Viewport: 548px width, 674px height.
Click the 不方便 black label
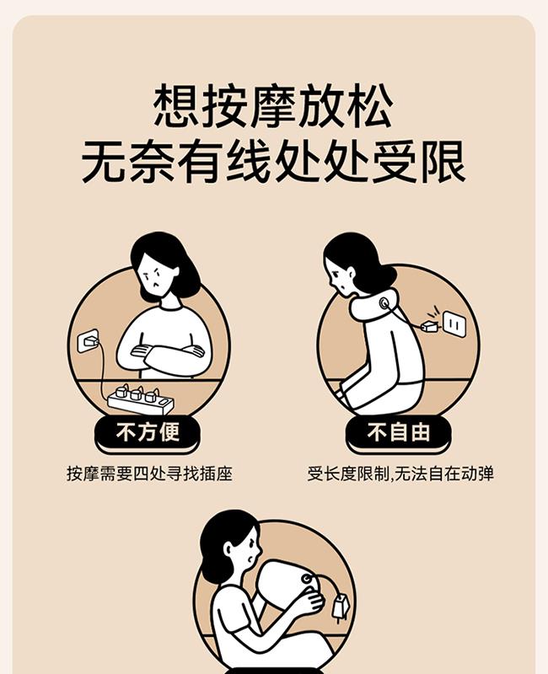[147, 432]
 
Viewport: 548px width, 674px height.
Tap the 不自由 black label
[398, 432]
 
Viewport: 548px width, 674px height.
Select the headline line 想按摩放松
[273, 106]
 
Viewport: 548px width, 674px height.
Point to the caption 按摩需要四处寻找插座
[150, 473]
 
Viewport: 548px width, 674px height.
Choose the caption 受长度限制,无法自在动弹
[400, 473]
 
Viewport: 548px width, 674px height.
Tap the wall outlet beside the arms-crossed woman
[89, 341]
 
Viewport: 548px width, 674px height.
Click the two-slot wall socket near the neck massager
[454, 324]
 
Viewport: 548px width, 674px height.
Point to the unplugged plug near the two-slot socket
[429, 326]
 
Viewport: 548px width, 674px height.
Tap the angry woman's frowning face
[156, 275]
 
